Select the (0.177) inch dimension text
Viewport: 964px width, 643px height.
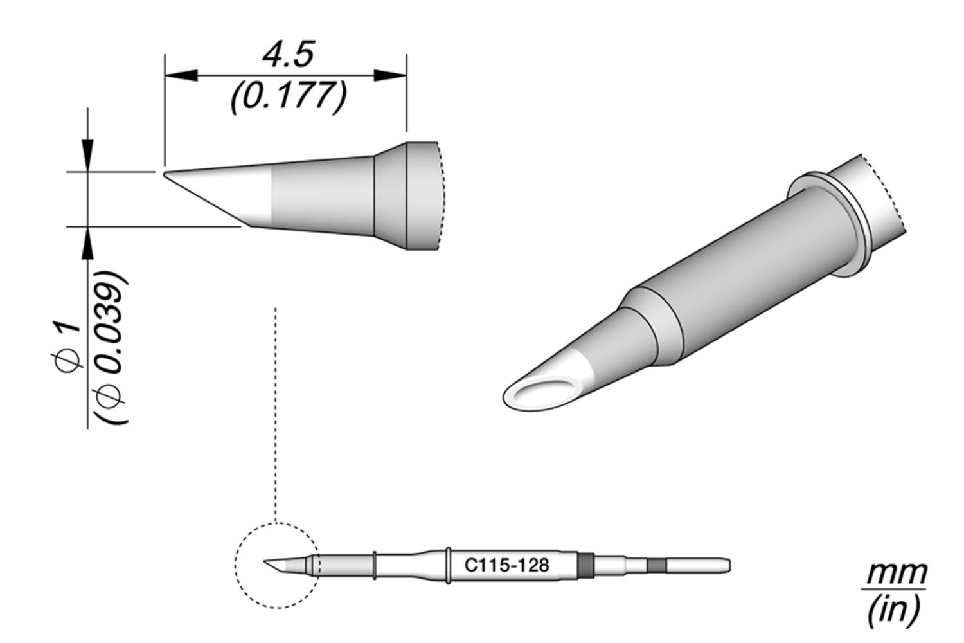[x=289, y=96]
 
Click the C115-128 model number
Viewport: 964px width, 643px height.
[x=506, y=566]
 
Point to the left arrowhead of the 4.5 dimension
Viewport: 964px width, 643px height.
[x=180, y=76]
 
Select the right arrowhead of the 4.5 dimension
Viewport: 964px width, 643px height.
[x=391, y=76]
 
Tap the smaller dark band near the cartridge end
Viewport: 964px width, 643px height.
[x=656, y=566]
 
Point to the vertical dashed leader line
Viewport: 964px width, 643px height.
[x=275, y=412]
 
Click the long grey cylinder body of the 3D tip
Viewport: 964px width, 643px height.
[x=739, y=270]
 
